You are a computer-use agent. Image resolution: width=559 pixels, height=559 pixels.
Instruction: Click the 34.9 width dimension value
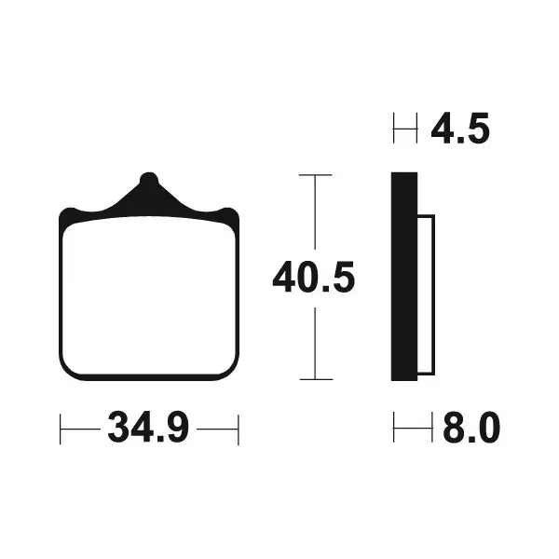coord(149,429)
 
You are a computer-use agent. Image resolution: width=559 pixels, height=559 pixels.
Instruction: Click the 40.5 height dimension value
coord(314,278)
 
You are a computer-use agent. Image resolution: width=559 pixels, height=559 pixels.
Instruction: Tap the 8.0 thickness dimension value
coord(470,429)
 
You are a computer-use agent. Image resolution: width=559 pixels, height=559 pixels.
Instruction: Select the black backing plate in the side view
coord(403,278)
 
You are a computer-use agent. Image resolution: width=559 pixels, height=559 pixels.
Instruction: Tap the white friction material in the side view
coord(425,291)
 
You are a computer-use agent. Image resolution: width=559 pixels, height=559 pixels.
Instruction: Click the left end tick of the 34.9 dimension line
coord(61,429)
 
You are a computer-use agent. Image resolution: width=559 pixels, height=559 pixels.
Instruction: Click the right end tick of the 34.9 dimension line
coord(239,429)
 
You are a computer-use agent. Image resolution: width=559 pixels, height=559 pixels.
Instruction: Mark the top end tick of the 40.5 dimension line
coord(315,174)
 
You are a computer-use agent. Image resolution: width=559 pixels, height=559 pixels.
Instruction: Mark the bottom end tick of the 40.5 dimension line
coord(315,379)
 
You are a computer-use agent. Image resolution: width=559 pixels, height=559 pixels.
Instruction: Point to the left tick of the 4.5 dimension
coord(394,129)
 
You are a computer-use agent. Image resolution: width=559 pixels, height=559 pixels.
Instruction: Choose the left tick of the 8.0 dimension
coord(394,429)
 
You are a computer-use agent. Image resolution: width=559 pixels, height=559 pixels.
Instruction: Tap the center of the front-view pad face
coord(149,296)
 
